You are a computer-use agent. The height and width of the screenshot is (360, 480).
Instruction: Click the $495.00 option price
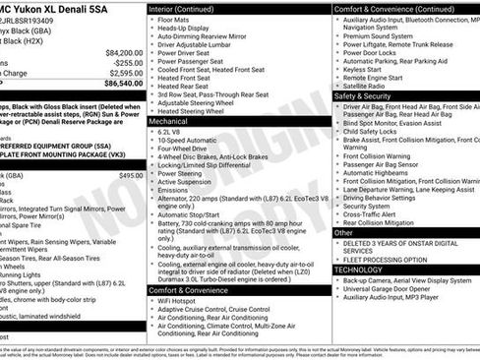coord(130,175)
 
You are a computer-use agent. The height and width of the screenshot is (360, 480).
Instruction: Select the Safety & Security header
coord(369,96)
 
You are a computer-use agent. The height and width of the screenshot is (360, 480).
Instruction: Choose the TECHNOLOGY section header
coord(358,269)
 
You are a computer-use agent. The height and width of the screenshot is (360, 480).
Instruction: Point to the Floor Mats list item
coord(173,19)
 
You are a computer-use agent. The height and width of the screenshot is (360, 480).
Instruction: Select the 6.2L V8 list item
coord(169,131)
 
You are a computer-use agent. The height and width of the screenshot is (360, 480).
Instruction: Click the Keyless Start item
coord(362,70)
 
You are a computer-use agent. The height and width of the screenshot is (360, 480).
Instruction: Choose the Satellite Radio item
coord(364,87)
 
